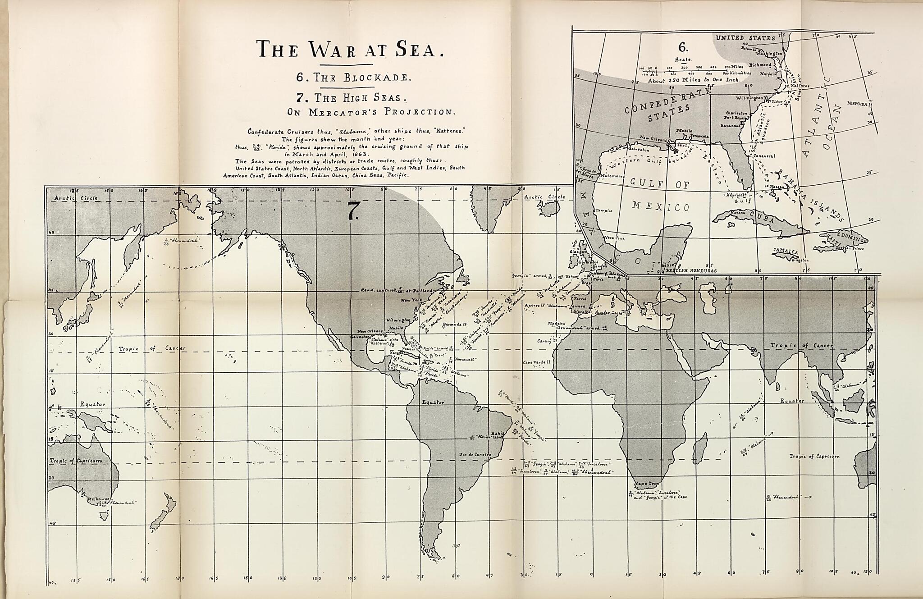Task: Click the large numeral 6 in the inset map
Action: (683, 47)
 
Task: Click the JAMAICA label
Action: (786, 251)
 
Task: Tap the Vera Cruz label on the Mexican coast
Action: (614, 238)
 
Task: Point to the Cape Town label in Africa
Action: (647, 484)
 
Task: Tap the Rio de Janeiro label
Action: (475, 455)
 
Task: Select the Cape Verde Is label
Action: (534, 362)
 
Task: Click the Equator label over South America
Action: (433, 402)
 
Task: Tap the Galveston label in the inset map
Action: (639, 149)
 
